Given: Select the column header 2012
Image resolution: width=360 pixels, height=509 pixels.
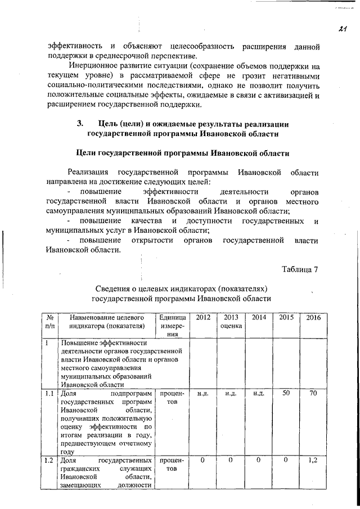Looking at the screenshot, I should pyautogui.click(x=203, y=318).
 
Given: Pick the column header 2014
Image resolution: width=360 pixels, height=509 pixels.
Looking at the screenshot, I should pyautogui.click(x=259, y=318).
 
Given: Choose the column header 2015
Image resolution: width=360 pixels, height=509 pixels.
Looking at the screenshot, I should pyautogui.click(x=286, y=318).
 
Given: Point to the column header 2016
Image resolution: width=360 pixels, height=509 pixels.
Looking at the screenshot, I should pyautogui.click(x=313, y=318).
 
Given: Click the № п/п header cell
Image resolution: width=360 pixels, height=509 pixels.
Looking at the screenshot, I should pyautogui.click(x=49, y=321).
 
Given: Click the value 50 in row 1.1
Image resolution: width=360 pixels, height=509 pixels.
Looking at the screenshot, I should pyautogui.click(x=286, y=393).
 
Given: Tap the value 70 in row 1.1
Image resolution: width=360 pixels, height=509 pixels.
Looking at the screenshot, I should pyautogui.click(x=313, y=393).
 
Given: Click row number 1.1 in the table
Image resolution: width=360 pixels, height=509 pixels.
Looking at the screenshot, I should pyautogui.click(x=49, y=393).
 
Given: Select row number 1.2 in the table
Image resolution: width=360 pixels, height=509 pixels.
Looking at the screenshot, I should pyautogui.click(x=49, y=461).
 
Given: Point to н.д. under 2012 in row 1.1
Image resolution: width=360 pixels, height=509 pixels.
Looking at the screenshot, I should pyautogui.click(x=203, y=394).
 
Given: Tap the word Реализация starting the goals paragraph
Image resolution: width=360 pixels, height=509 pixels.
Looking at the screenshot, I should pyautogui.click(x=87, y=172).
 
